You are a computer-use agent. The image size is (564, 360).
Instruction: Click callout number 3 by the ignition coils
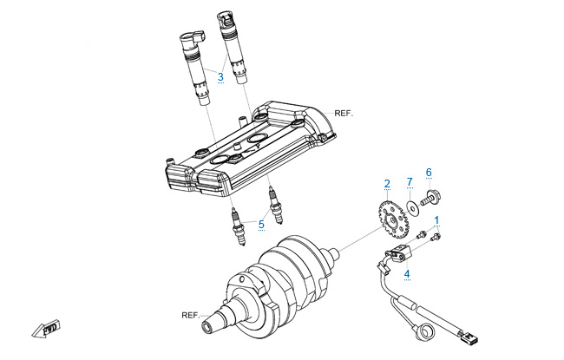click(x=220, y=78)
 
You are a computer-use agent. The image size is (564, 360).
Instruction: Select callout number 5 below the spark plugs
click(x=260, y=224)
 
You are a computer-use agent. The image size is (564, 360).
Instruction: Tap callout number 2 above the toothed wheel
click(x=387, y=184)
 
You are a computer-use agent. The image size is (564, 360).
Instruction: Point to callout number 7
click(x=410, y=182)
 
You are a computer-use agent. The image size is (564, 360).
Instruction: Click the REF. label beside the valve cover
click(x=344, y=114)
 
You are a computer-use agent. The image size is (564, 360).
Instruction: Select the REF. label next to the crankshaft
click(x=191, y=314)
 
